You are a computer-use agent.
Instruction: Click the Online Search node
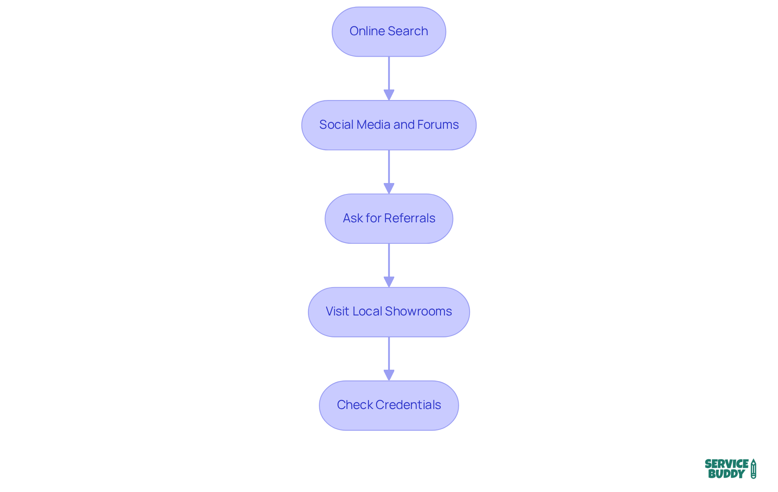point(389,32)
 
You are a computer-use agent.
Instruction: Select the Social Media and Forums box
point(389,125)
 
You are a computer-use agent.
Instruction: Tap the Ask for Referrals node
point(389,219)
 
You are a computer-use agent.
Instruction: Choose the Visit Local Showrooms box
point(389,312)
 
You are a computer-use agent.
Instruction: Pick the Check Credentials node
point(389,405)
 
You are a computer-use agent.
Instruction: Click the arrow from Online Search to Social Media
point(389,79)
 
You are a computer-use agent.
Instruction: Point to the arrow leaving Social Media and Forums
point(389,172)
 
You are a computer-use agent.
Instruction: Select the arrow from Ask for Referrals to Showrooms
point(389,266)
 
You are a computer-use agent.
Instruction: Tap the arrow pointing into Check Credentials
point(389,359)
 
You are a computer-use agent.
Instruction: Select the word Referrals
point(410,218)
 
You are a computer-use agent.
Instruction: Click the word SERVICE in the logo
point(727,464)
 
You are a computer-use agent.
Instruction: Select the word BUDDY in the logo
point(727,474)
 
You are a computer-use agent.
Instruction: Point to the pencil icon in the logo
point(753,469)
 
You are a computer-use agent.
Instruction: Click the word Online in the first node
point(367,31)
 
